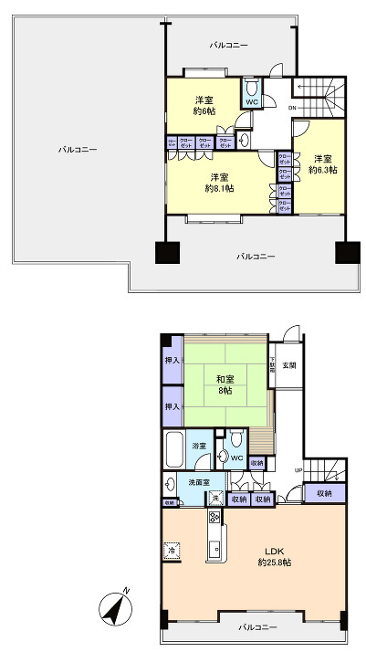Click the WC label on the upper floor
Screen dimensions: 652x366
pos(252,102)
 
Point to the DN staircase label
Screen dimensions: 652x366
pos(291,109)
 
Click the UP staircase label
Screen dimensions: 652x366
pos(298,470)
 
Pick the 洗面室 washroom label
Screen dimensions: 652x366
pos(199,482)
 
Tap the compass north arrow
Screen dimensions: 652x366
pos(114,609)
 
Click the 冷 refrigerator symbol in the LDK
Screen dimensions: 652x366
pos(172,551)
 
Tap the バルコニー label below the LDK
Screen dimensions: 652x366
pos(255,628)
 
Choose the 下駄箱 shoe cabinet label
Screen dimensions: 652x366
pos(271,367)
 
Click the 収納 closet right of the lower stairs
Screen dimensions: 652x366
pos(325,493)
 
